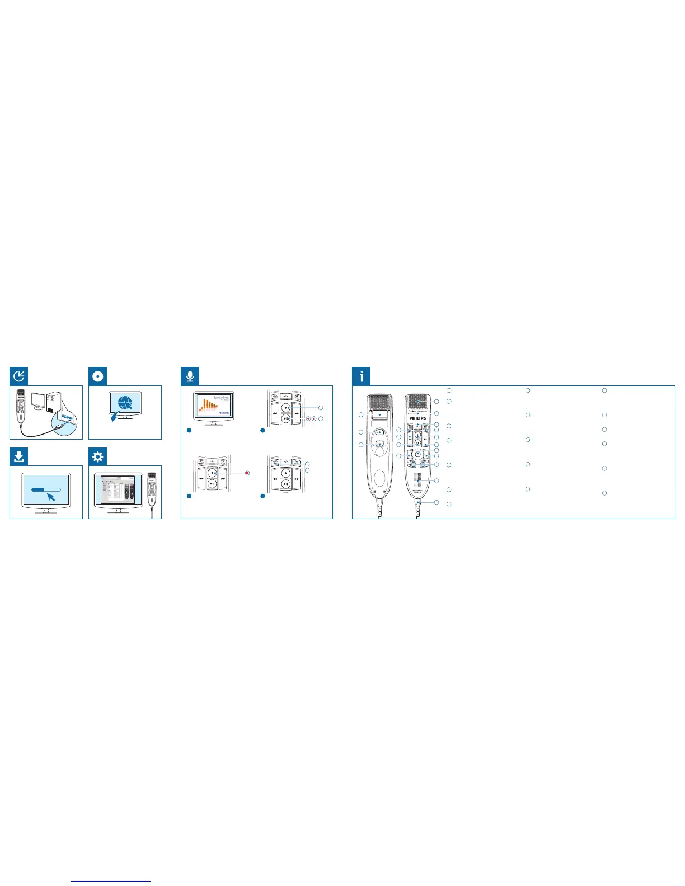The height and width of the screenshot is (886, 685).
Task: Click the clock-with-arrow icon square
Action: (19, 376)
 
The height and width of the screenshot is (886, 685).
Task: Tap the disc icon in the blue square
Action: (98, 376)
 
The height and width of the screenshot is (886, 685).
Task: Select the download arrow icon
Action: (19, 457)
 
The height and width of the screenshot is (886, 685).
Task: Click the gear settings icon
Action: (98, 457)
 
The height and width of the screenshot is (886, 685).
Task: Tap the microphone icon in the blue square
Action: (190, 376)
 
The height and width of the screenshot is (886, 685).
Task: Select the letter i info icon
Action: (362, 376)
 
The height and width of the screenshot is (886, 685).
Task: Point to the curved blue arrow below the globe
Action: (115, 417)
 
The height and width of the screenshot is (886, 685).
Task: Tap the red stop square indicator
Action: (247, 473)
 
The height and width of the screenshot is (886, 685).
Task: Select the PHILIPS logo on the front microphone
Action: (417, 418)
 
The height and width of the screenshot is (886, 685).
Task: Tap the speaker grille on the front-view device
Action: (417, 479)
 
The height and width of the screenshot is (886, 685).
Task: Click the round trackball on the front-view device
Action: (417, 454)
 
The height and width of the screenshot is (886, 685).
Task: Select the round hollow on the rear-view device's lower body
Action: (379, 477)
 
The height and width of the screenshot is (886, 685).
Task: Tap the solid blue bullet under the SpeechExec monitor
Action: (189, 430)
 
